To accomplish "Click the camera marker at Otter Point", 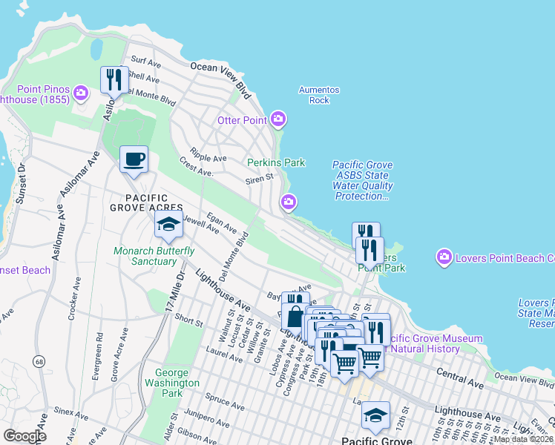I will click(278, 119).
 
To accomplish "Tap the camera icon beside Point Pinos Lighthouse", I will click(81, 93).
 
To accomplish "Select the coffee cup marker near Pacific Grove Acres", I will click(134, 159).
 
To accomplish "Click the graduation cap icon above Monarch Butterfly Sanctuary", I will click(168, 225).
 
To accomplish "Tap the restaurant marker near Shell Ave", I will click(114, 79).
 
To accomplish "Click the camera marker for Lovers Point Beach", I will click(444, 257).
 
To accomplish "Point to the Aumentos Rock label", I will click(319, 95).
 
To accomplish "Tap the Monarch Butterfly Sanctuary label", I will click(154, 256).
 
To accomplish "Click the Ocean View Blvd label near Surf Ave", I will click(220, 76).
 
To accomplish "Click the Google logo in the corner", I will click(25, 436).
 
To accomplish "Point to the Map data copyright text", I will click(524, 439).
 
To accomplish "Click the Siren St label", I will click(260, 178).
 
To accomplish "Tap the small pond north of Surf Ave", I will click(96, 50).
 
